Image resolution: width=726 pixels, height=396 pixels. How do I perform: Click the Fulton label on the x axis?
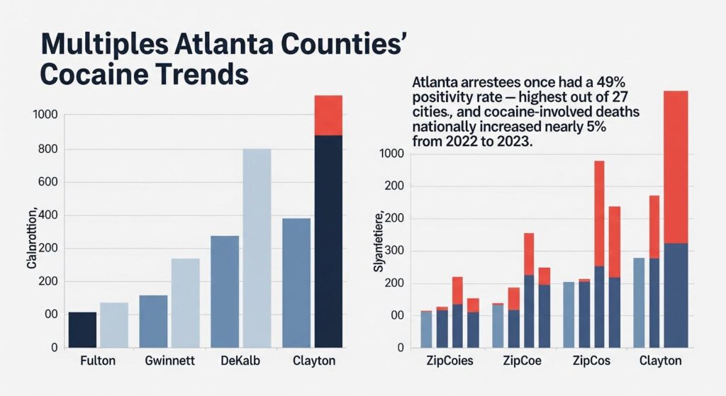(98, 361)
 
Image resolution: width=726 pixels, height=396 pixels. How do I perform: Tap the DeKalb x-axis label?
(240, 361)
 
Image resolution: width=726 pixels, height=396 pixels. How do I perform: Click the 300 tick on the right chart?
(392, 251)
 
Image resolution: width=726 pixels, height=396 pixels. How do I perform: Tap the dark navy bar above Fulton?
(82, 329)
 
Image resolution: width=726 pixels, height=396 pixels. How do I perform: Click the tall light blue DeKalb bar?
(257, 247)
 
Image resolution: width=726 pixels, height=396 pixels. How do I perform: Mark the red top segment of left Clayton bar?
(328, 115)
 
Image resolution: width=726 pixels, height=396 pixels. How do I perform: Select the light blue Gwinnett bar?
(185, 302)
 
